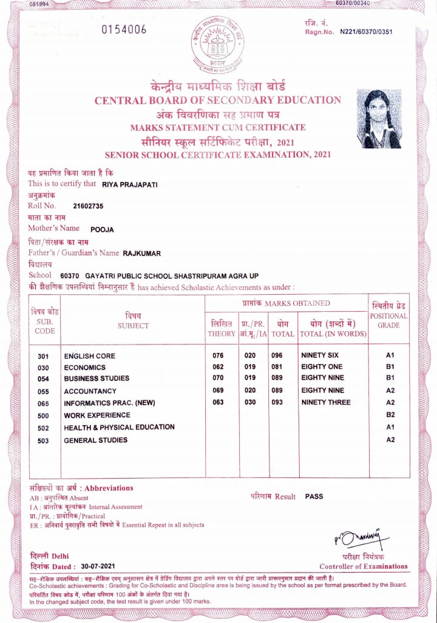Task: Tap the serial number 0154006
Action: click(124, 30)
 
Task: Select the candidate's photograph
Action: click(379, 119)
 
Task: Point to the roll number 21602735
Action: click(88, 206)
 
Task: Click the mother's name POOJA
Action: click(102, 230)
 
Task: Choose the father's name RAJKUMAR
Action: click(141, 253)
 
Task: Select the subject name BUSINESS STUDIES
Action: click(97, 379)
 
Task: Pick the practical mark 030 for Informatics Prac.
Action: click(249, 402)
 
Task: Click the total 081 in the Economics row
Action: click(277, 367)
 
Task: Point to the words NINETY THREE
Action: click(325, 402)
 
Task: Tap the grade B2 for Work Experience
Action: click(390, 415)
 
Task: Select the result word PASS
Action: click(314, 496)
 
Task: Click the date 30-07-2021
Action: click(97, 566)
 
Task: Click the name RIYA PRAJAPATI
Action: click(129, 184)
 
